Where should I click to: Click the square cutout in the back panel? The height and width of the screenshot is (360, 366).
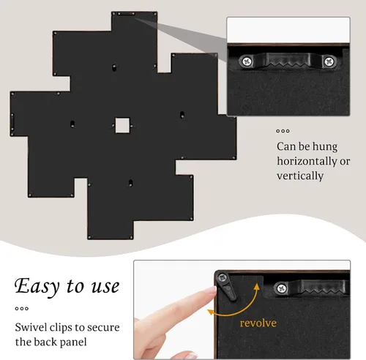(122, 125)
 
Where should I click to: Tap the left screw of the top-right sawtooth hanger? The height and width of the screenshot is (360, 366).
(247, 61)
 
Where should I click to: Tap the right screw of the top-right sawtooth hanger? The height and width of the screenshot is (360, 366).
(329, 61)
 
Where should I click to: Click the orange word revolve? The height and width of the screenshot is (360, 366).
(258, 323)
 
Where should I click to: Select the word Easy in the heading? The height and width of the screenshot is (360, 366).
(37, 286)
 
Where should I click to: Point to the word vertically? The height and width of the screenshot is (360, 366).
(300, 176)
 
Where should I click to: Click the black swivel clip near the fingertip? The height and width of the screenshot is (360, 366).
(227, 286)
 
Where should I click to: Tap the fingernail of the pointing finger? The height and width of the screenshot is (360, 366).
(210, 290)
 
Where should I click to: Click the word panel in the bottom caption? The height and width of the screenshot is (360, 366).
(73, 342)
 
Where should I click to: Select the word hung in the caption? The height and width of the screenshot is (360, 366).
(325, 147)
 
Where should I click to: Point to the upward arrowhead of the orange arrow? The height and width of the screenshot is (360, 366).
(256, 287)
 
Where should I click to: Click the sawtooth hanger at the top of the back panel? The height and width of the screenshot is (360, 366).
(126, 14)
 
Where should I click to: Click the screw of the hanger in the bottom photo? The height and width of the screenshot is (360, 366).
(282, 288)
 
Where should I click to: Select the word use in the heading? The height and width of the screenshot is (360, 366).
(105, 287)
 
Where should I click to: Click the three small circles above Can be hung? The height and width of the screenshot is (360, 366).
(283, 131)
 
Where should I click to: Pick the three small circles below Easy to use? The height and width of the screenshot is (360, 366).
(22, 309)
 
